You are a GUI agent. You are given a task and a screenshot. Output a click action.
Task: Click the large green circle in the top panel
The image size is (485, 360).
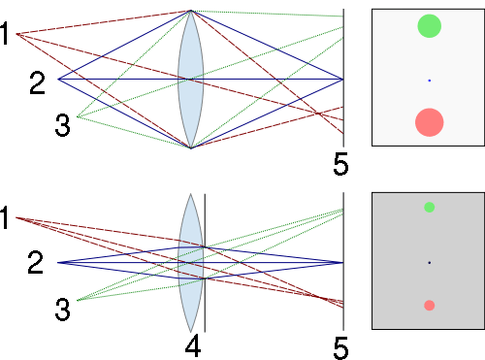point(429,26)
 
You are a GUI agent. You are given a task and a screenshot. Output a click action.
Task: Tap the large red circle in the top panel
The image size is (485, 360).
point(429,122)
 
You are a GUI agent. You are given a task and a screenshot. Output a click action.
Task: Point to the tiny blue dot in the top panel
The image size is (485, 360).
point(429,80)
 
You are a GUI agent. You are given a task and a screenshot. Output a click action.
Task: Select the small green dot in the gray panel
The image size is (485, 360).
point(429,208)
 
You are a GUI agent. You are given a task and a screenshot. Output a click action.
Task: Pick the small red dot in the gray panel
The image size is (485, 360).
point(429,306)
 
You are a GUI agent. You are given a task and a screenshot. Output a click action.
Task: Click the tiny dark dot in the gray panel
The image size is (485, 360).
point(429,263)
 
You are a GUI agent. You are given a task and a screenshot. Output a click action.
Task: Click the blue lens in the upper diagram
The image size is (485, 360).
point(190,80)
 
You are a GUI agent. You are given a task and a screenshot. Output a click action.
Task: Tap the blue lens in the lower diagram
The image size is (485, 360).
point(190,262)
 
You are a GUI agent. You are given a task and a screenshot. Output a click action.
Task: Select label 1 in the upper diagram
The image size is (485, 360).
point(7,36)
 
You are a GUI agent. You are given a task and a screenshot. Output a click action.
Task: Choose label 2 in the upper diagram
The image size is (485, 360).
point(37,83)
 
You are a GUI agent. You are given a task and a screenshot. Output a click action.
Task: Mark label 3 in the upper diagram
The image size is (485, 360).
point(62,125)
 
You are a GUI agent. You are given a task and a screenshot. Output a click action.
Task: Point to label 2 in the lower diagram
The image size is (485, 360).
point(36,262)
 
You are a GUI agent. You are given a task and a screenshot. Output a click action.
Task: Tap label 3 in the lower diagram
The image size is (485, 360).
point(62,310)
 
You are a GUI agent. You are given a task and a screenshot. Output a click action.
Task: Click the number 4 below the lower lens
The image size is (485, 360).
point(193,345)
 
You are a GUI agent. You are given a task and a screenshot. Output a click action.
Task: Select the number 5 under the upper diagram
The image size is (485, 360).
point(340,165)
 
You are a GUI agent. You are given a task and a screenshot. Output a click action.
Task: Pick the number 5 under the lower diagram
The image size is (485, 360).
point(340,346)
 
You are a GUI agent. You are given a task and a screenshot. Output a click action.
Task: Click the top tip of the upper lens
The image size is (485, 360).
point(190,12)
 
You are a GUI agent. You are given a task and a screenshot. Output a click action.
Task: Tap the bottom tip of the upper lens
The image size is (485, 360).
point(190,147)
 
